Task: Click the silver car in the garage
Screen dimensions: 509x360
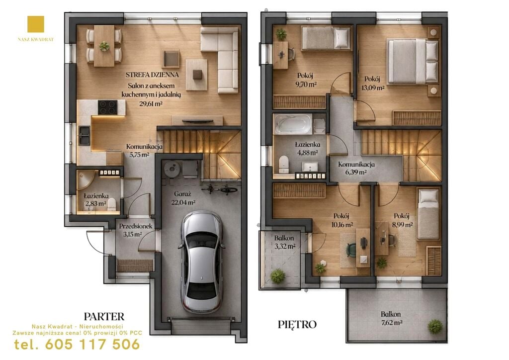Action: point(201,262)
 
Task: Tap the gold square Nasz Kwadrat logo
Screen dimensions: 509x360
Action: point(36,24)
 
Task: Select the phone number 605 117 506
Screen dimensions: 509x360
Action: point(93,344)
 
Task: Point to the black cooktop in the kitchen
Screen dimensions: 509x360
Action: point(108,107)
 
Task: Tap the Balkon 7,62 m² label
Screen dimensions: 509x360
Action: point(391,318)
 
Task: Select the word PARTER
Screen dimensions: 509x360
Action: point(104,317)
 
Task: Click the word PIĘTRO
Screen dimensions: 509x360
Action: point(297,324)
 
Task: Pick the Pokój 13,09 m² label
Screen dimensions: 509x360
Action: point(373,83)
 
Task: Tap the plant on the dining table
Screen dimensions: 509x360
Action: point(104,46)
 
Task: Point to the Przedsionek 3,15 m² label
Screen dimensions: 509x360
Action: point(135,230)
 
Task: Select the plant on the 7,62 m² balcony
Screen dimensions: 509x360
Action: point(434,327)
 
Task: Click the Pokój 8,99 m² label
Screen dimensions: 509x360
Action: point(401,220)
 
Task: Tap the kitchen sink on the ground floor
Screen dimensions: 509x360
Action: point(85,135)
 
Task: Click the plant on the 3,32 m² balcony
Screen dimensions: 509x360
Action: point(278,276)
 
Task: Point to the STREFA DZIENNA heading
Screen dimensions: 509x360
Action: point(152,75)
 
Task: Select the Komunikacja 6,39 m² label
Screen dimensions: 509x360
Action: point(356,168)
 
